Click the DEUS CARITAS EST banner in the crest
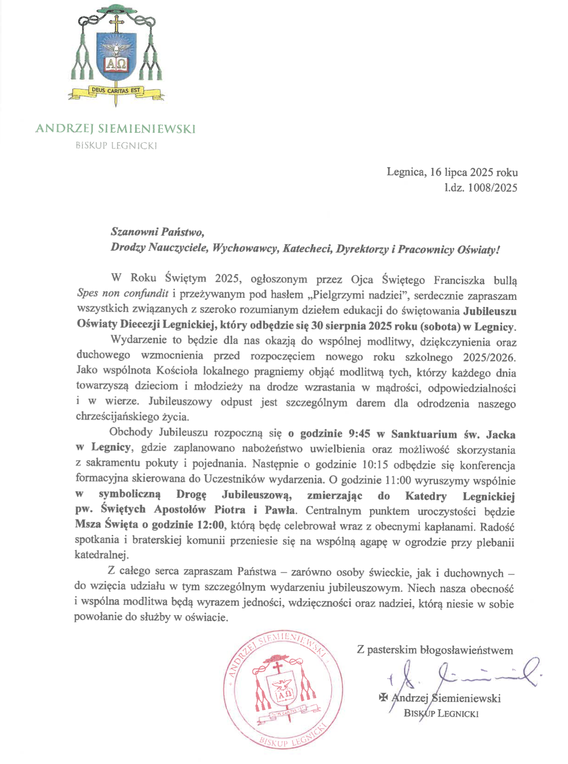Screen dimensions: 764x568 coord(115,90)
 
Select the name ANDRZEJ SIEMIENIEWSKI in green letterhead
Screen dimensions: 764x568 coord(115,129)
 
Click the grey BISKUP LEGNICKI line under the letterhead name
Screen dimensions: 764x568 coord(116,145)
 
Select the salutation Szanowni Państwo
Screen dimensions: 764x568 coord(157,232)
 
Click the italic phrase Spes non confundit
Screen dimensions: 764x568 coord(123,294)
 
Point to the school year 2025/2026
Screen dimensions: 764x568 coord(489,357)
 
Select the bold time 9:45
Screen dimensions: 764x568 coord(359,434)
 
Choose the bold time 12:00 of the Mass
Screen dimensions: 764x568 coord(210,525)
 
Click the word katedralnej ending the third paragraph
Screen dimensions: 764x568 coord(101,555)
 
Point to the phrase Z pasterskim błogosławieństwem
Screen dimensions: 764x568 coord(435,650)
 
